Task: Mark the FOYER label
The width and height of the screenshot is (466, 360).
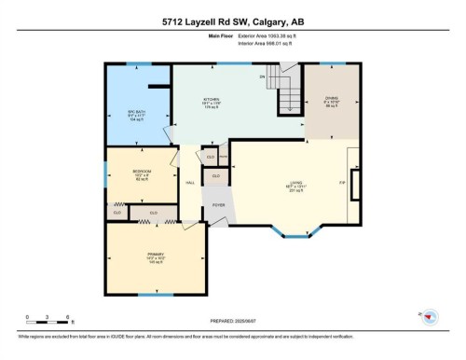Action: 218,204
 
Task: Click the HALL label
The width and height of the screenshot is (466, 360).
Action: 190,183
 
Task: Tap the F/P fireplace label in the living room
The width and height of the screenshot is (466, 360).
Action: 342,182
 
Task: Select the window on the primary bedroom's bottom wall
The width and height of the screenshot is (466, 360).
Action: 156,295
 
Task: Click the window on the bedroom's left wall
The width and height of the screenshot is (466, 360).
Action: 105,173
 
